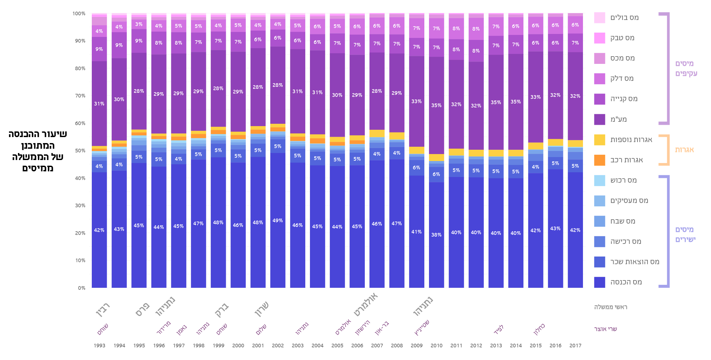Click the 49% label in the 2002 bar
click(278, 221)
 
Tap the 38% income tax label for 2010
click(436, 235)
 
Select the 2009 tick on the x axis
click(417, 346)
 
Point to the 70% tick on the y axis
click(80, 96)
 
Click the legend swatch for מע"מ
click(599, 119)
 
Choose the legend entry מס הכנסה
click(626, 282)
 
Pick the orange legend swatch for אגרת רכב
click(599, 160)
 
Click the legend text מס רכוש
click(624, 180)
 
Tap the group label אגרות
click(684, 150)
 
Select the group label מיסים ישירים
click(685, 234)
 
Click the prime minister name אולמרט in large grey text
click(365, 305)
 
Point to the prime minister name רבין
click(103, 310)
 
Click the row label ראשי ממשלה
click(611, 307)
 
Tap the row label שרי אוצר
click(606, 329)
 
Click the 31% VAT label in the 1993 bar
click(99, 104)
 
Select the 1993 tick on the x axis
click(99, 346)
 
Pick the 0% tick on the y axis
click(81, 288)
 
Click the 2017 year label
click(575, 346)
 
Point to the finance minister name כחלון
click(539, 329)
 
